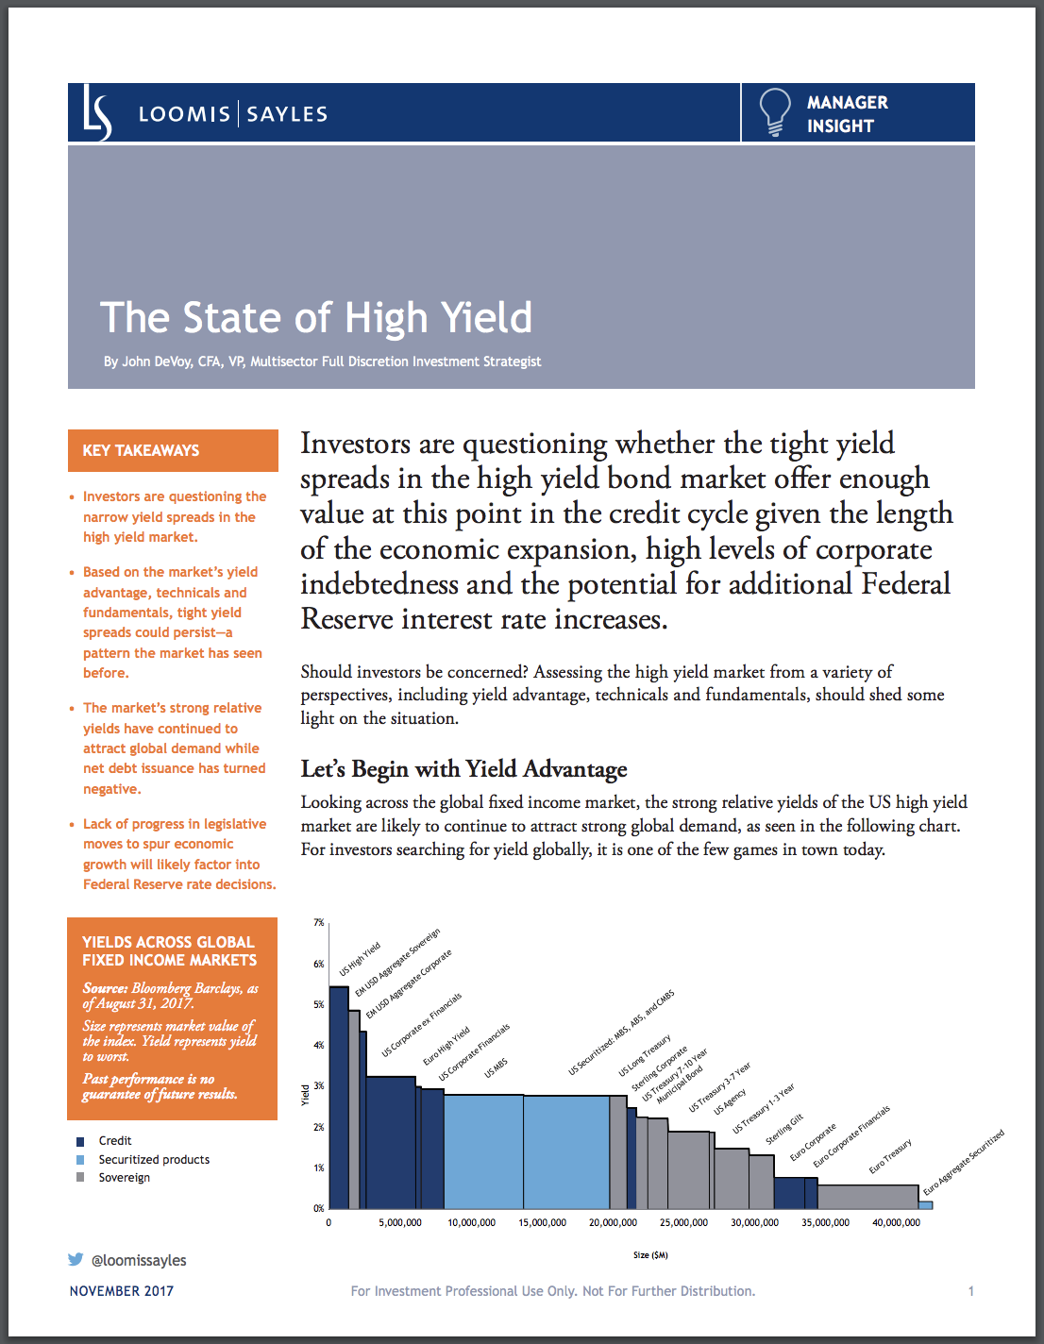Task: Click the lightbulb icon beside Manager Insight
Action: [x=774, y=112]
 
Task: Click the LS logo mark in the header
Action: [x=96, y=113]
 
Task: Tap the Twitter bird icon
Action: [x=76, y=1259]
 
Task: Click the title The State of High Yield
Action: [x=316, y=318]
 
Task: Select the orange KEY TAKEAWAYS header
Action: [x=173, y=450]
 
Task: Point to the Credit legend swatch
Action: [x=80, y=1141]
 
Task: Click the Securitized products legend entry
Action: [x=154, y=1159]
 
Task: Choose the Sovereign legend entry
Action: [x=124, y=1177]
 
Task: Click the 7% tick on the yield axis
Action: [x=319, y=922]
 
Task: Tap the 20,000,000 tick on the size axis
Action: [x=613, y=1222]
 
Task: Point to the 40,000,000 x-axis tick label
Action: [x=896, y=1222]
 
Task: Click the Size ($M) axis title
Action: [x=650, y=1254]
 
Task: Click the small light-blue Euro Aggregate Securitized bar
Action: [x=926, y=1204]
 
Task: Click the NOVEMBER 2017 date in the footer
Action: [x=122, y=1290]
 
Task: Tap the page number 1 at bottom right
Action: [x=970, y=1290]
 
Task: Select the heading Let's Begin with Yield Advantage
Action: [x=463, y=769]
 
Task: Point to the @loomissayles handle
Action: [x=139, y=1260]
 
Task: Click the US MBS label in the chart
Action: [x=496, y=1068]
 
